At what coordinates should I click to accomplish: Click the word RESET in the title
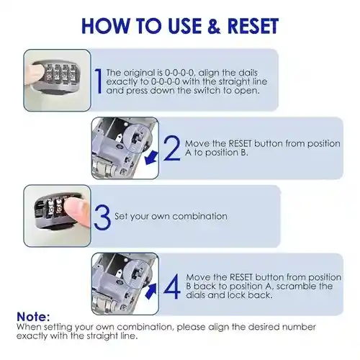coord(253,26)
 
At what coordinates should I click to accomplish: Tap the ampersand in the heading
coord(215,26)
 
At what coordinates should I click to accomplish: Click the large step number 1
coord(99,81)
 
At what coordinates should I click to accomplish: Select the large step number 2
coord(171,148)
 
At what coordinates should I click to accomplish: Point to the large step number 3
coord(102,217)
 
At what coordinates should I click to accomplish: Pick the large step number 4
coord(172,287)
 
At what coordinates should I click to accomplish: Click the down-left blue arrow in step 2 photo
coord(151,158)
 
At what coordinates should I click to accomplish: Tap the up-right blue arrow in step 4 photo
coord(150,291)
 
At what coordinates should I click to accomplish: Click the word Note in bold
coord(33,317)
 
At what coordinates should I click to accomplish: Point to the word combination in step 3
coord(199,216)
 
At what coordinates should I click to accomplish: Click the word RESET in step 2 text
coord(240,143)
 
